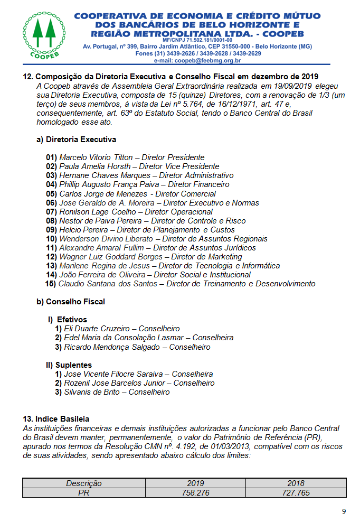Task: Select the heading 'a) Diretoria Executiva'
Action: click(x=76, y=139)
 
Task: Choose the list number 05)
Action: click(x=51, y=194)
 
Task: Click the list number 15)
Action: click(x=51, y=284)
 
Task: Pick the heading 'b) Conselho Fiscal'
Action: click(x=71, y=302)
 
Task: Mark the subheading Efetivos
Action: click(x=72, y=320)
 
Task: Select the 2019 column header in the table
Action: click(x=195, y=483)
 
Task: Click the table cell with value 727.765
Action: click(x=296, y=492)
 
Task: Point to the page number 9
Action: click(x=344, y=512)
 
